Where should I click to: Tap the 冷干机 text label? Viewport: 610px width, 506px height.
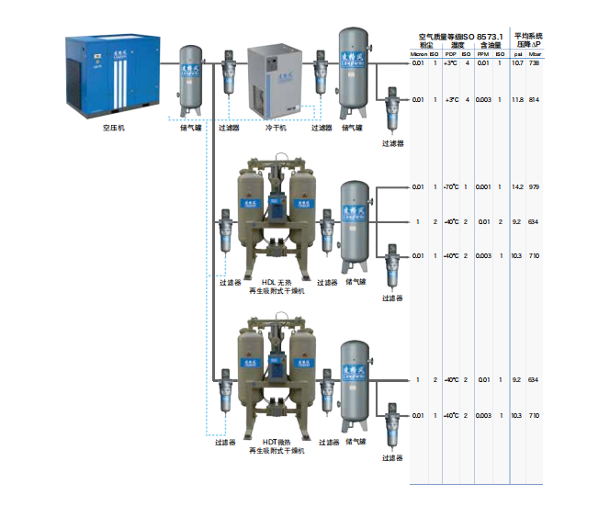point(277,129)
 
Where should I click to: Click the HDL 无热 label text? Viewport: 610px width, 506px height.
point(277,282)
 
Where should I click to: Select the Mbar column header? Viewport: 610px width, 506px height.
point(535,53)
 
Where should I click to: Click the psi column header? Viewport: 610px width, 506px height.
point(517,53)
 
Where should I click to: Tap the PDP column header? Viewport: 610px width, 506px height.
point(450,53)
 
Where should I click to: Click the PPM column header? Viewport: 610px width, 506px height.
point(482,53)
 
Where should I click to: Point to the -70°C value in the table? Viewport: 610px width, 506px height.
point(450,187)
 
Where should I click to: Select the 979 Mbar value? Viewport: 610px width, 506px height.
point(535,187)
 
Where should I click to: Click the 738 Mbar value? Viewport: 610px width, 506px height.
point(535,62)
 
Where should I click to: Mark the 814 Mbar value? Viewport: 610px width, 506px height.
point(535,99)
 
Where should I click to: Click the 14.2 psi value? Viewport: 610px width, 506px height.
point(517,187)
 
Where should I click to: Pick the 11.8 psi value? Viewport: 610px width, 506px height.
point(517,99)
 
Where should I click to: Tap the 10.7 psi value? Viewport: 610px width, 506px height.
point(517,62)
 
